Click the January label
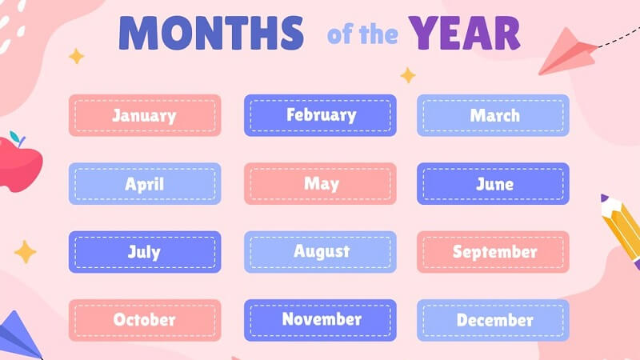coord(145,115)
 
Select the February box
coord(321,115)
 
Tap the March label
coord(493,115)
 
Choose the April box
coord(145,184)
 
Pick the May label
coord(321,184)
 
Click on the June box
coord(493,184)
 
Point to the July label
coord(145,252)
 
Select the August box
coord(321,252)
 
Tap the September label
coord(493,252)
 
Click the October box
coord(145,320)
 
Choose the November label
coord(321,320)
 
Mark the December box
coord(493,320)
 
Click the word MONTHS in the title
coord(211,33)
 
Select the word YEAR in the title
coord(465,33)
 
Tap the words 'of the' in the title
coord(362,34)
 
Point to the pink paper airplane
coord(568,52)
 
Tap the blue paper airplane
coord(18,337)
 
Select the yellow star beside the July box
coord(26,252)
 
